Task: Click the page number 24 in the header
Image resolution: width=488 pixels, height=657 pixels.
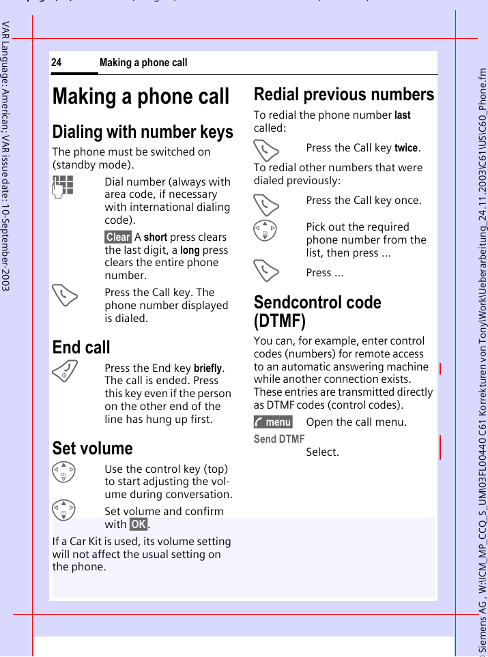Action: pyautogui.click(x=56, y=63)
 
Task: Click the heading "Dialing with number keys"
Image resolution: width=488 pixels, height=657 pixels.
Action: pyautogui.click(x=143, y=132)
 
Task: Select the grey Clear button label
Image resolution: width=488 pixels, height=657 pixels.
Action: pyautogui.click(x=118, y=237)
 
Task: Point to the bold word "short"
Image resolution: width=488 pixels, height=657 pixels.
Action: pyautogui.click(x=156, y=237)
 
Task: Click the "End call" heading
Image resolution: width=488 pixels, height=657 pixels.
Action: pyautogui.click(x=81, y=347)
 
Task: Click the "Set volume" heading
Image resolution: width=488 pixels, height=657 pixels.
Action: pyautogui.click(x=93, y=448)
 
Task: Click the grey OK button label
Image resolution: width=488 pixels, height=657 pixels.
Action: pyautogui.click(x=138, y=524)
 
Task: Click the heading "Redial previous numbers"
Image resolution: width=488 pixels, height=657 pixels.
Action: pyautogui.click(x=344, y=94)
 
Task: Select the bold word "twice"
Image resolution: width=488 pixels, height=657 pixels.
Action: pyautogui.click(x=406, y=148)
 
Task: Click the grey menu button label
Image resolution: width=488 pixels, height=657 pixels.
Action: pyautogui.click(x=273, y=422)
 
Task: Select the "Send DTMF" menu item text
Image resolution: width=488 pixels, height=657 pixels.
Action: pyautogui.click(x=279, y=439)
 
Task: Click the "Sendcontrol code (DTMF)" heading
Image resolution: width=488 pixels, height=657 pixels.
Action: pyautogui.click(x=317, y=310)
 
